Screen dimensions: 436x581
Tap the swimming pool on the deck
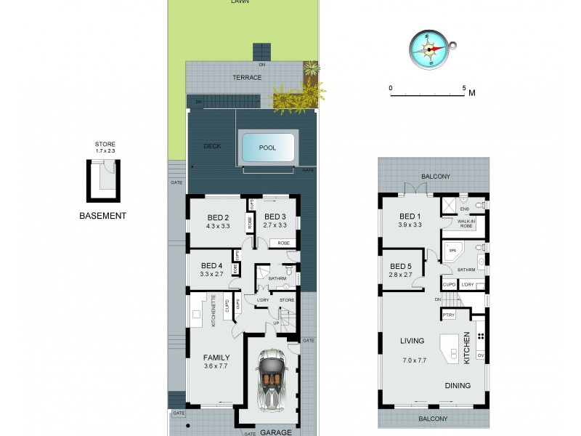pos(267,148)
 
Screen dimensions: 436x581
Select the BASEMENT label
pos(103,216)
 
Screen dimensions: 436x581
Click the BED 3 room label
pos(275,217)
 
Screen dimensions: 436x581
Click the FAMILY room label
pos(216,358)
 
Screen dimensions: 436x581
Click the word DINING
pos(457,386)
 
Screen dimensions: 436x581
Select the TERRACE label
pos(246,77)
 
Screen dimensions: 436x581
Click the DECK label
pos(212,146)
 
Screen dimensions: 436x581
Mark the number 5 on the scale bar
pos(464,88)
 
